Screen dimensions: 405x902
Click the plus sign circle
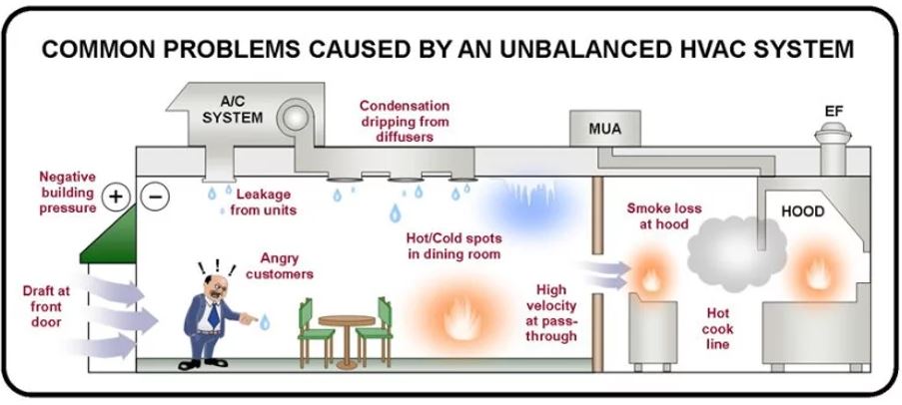coord(115,197)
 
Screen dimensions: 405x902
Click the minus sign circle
coord(157,197)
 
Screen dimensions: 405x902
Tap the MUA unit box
coord(597,128)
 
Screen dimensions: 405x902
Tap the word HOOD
coord(802,212)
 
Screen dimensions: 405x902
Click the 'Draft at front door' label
coord(47,306)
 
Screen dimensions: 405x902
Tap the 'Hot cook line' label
coord(717,328)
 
